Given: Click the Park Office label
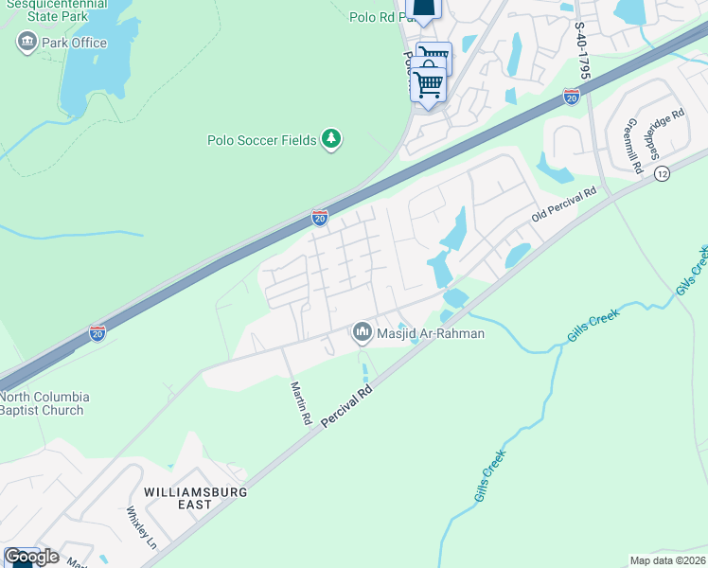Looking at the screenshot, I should point(74,43).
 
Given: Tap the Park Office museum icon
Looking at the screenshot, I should point(27,42).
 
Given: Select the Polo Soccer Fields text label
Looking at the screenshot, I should point(262,140).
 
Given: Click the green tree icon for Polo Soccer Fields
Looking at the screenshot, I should point(330,140).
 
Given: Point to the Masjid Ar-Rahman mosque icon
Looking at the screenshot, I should point(362,333).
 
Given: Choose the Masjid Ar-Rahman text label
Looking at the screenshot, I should point(432,333).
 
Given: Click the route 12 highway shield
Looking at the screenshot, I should point(662,173).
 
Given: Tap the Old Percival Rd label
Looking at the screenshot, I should point(564,204).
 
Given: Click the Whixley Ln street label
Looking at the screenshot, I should point(140,527).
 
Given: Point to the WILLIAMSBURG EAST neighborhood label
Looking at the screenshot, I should point(196,499).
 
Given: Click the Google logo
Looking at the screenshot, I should point(31,557).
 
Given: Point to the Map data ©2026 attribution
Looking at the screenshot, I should point(667,560).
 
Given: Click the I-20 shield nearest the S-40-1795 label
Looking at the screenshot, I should point(571,97).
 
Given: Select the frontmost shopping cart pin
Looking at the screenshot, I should point(428,85).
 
